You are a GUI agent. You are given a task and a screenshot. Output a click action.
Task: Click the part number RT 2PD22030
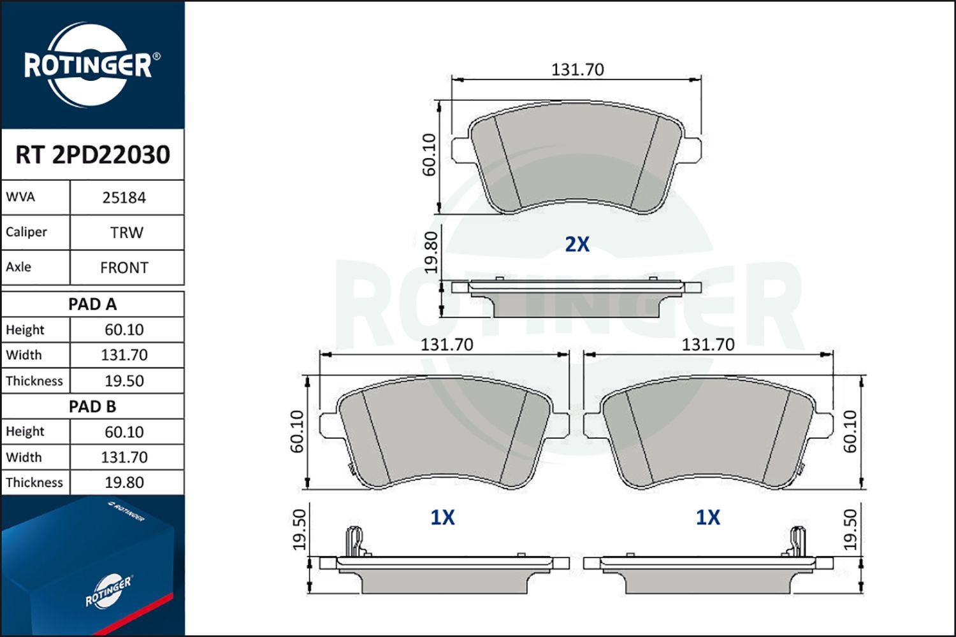pyautogui.click(x=92, y=155)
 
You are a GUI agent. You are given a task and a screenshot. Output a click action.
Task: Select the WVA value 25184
pyautogui.click(x=124, y=197)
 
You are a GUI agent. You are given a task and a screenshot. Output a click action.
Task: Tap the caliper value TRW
pyautogui.click(x=126, y=233)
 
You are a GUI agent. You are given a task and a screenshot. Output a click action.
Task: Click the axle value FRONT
pyautogui.click(x=124, y=268)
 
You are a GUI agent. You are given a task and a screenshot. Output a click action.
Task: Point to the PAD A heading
pyautogui.click(x=92, y=304)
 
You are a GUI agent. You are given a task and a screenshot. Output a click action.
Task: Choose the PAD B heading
pyautogui.click(x=92, y=406)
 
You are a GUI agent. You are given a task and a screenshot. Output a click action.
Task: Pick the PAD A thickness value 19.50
pyautogui.click(x=124, y=381)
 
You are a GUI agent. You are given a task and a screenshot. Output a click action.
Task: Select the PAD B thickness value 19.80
pyautogui.click(x=124, y=482)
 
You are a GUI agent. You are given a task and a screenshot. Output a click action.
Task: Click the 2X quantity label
pyautogui.click(x=577, y=244)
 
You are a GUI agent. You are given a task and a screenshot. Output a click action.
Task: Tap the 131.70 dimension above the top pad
pyautogui.click(x=577, y=69)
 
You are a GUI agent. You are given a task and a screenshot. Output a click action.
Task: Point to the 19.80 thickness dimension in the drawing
pyautogui.click(x=431, y=253)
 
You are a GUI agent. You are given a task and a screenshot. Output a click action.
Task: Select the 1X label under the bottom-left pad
pyautogui.click(x=442, y=517)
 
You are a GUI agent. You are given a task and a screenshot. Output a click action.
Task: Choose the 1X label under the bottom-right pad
pyautogui.click(x=707, y=517)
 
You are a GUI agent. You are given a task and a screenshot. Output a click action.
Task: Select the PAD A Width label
pyautogui.click(x=24, y=355)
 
